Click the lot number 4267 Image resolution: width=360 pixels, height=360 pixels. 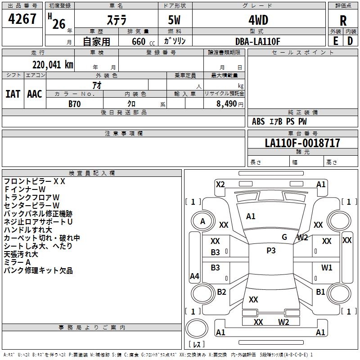[x=22, y=20]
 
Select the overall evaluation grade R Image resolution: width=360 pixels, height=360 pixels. [x=343, y=21]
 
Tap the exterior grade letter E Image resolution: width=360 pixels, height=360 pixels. [x=335, y=40]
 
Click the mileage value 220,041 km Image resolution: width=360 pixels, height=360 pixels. [x=53, y=64]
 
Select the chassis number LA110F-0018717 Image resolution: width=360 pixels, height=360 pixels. [x=302, y=143]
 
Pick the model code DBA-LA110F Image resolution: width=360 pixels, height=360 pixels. [x=258, y=41]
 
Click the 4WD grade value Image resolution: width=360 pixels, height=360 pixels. [x=258, y=20]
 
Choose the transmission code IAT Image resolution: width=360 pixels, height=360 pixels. [x=13, y=94]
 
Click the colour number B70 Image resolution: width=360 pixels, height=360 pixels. [x=74, y=103]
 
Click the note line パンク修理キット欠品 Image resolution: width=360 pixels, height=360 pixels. [x=38, y=270]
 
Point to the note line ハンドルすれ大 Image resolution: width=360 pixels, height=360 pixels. [x=28, y=230]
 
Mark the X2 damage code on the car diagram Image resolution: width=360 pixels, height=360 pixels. [x=220, y=184]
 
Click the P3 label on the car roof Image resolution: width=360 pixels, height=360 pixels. [x=271, y=251]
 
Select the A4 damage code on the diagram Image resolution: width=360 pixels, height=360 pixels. [x=194, y=276]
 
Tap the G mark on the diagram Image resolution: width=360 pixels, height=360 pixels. [x=284, y=237]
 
